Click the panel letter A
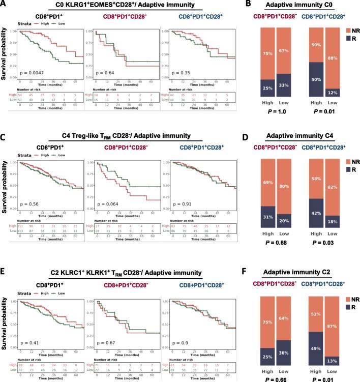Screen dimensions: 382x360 (x=4, y=5)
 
